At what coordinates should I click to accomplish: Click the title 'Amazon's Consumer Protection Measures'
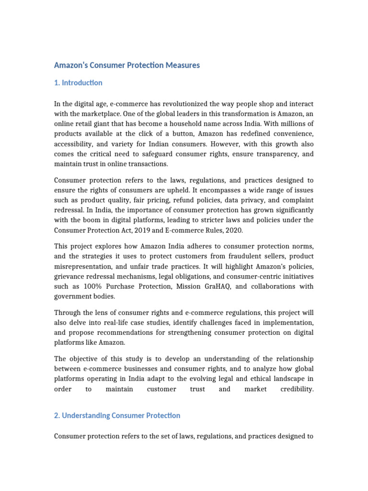[127, 65]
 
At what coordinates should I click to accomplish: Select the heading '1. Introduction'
[78, 82]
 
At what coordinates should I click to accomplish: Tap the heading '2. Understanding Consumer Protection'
[117, 415]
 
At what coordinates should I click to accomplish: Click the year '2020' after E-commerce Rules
[233, 230]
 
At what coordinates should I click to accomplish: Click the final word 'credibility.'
[297, 389]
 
